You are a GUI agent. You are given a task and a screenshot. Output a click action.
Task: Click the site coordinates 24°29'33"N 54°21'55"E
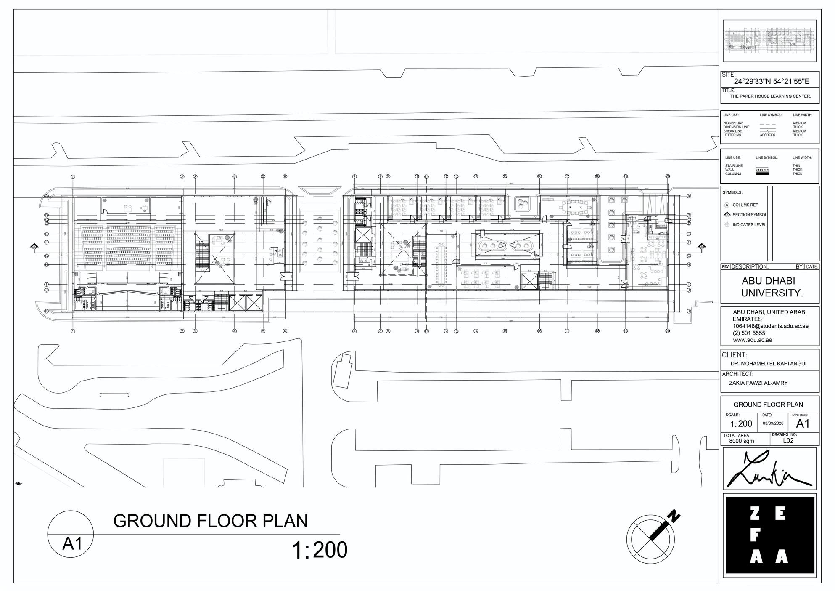point(772,82)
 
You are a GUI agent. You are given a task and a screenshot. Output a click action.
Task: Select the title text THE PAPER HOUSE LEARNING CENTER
point(770,96)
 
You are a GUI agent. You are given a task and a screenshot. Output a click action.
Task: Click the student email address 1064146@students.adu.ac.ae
point(770,326)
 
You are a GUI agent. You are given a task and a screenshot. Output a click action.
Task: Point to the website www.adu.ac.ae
point(752,340)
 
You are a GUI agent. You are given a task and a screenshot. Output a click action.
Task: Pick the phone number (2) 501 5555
point(749,333)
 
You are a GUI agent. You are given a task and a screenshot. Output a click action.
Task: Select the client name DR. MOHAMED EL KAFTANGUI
point(768,364)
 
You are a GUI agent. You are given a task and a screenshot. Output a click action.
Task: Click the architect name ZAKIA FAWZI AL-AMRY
point(758,383)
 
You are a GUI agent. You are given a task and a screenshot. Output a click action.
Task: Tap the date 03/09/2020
point(773,423)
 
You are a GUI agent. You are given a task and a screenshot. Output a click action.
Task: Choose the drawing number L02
point(788,441)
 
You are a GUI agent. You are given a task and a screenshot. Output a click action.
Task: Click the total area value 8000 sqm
point(741,441)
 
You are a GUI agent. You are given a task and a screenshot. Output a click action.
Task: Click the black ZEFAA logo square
point(769,535)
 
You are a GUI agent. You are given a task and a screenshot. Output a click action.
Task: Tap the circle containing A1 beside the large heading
point(71,534)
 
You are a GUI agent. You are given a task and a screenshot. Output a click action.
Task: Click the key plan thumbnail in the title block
point(769,41)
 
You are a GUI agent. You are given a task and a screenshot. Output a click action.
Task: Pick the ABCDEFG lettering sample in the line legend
point(767,135)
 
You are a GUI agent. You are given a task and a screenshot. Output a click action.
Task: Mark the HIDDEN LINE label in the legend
point(733,123)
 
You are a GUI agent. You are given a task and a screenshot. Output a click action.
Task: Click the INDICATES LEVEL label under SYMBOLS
point(749,225)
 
